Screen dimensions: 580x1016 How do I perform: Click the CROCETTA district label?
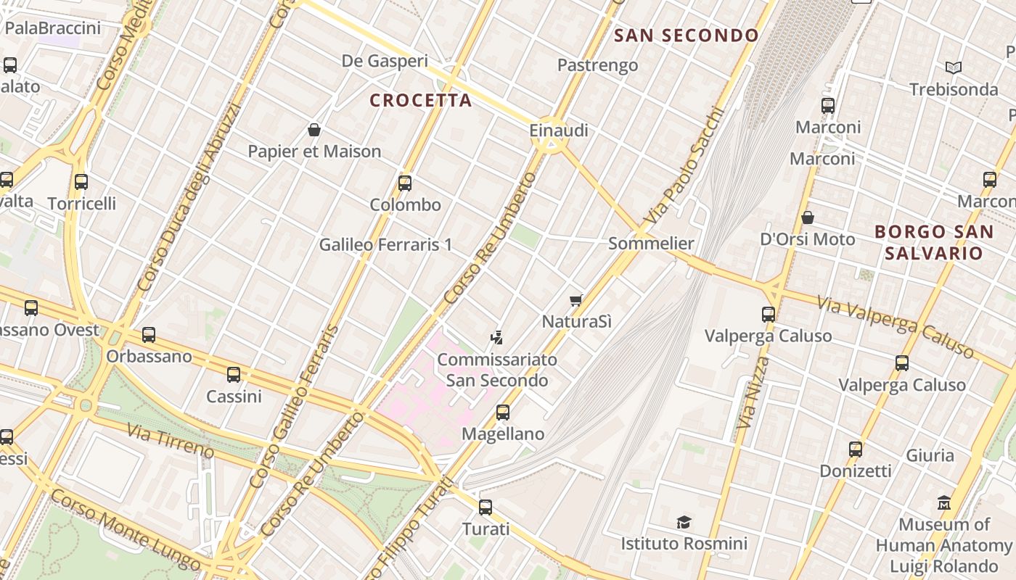pyautogui.click(x=421, y=100)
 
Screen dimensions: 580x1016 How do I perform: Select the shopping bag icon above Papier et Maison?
pyautogui.click(x=314, y=130)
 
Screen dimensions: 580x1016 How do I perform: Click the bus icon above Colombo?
pyautogui.click(x=405, y=183)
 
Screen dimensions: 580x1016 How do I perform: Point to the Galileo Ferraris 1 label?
pyautogui.click(x=385, y=245)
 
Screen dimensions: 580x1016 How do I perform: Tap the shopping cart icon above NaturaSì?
pyautogui.click(x=576, y=300)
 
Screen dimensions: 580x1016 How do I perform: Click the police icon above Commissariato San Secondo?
pyautogui.click(x=497, y=337)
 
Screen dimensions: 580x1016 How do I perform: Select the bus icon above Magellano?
pyautogui.click(x=503, y=413)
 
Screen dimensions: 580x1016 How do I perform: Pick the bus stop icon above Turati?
pyautogui.click(x=486, y=507)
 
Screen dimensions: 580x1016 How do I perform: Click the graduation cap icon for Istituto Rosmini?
pyautogui.click(x=684, y=522)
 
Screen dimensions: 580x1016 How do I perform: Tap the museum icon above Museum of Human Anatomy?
pyautogui.click(x=944, y=502)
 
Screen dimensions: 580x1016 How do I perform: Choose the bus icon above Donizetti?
pyautogui.click(x=856, y=449)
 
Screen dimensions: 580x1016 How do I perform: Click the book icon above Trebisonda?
pyautogui.click(x=954, y=67)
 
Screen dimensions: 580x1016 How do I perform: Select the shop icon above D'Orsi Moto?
pyautogui.click(x=807, y=217)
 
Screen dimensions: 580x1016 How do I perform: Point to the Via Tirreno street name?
pyautogui.click(x=171, y=442)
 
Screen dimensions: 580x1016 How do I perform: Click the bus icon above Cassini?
pyautogui.click(x=234, y=375)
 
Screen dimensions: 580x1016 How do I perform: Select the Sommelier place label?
pyautogui.click(x=651, y=244)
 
